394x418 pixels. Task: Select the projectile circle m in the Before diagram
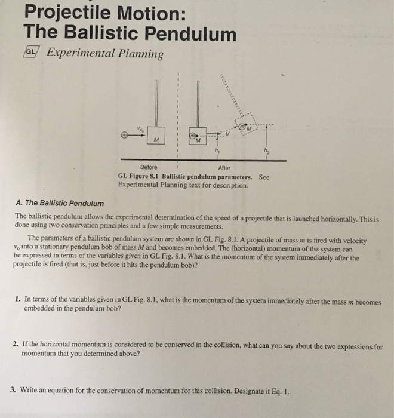pyautogui.click(x=124, y=137)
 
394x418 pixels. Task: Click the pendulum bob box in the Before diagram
pyautogui.click(x=157, y=137)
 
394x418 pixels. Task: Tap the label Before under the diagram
pyautogui.click(x=149, y=168)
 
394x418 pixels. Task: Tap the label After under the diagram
pyautogui.click(x=213, y=168)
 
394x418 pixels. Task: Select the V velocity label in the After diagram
pyautogui.click(x=227, y=134)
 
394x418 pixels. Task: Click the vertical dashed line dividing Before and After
pyautogui.click(x=178, y=119)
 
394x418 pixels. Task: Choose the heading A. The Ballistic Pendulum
pyautogui.click(x=59, y=203)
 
